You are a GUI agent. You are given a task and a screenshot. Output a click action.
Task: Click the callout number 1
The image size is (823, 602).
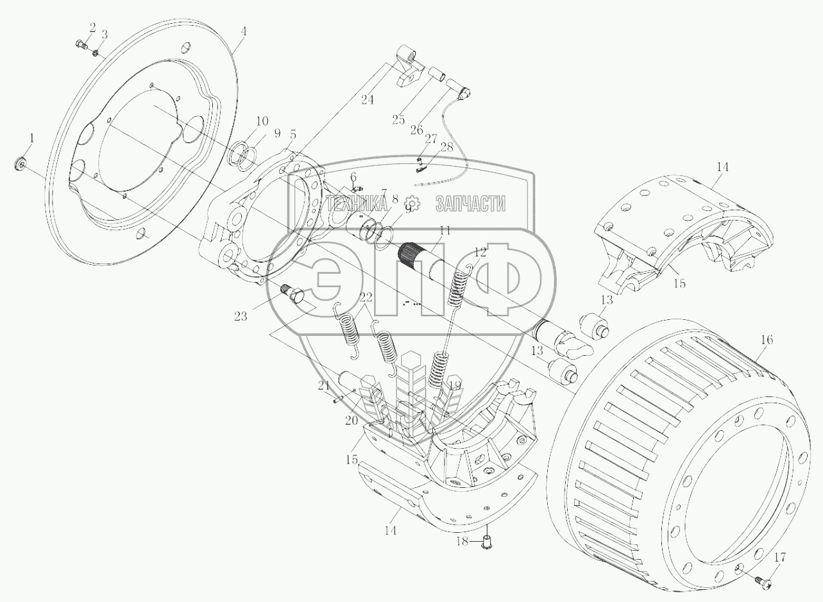click(32, 138)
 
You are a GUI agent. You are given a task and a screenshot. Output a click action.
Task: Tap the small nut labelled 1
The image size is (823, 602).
click(20, 163)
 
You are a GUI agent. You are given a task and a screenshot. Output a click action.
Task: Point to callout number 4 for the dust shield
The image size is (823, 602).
click(243, 31)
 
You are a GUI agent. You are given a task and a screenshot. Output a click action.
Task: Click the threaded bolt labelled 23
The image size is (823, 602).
click(294, 294)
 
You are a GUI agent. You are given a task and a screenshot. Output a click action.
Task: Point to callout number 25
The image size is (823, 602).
click(398, 120)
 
